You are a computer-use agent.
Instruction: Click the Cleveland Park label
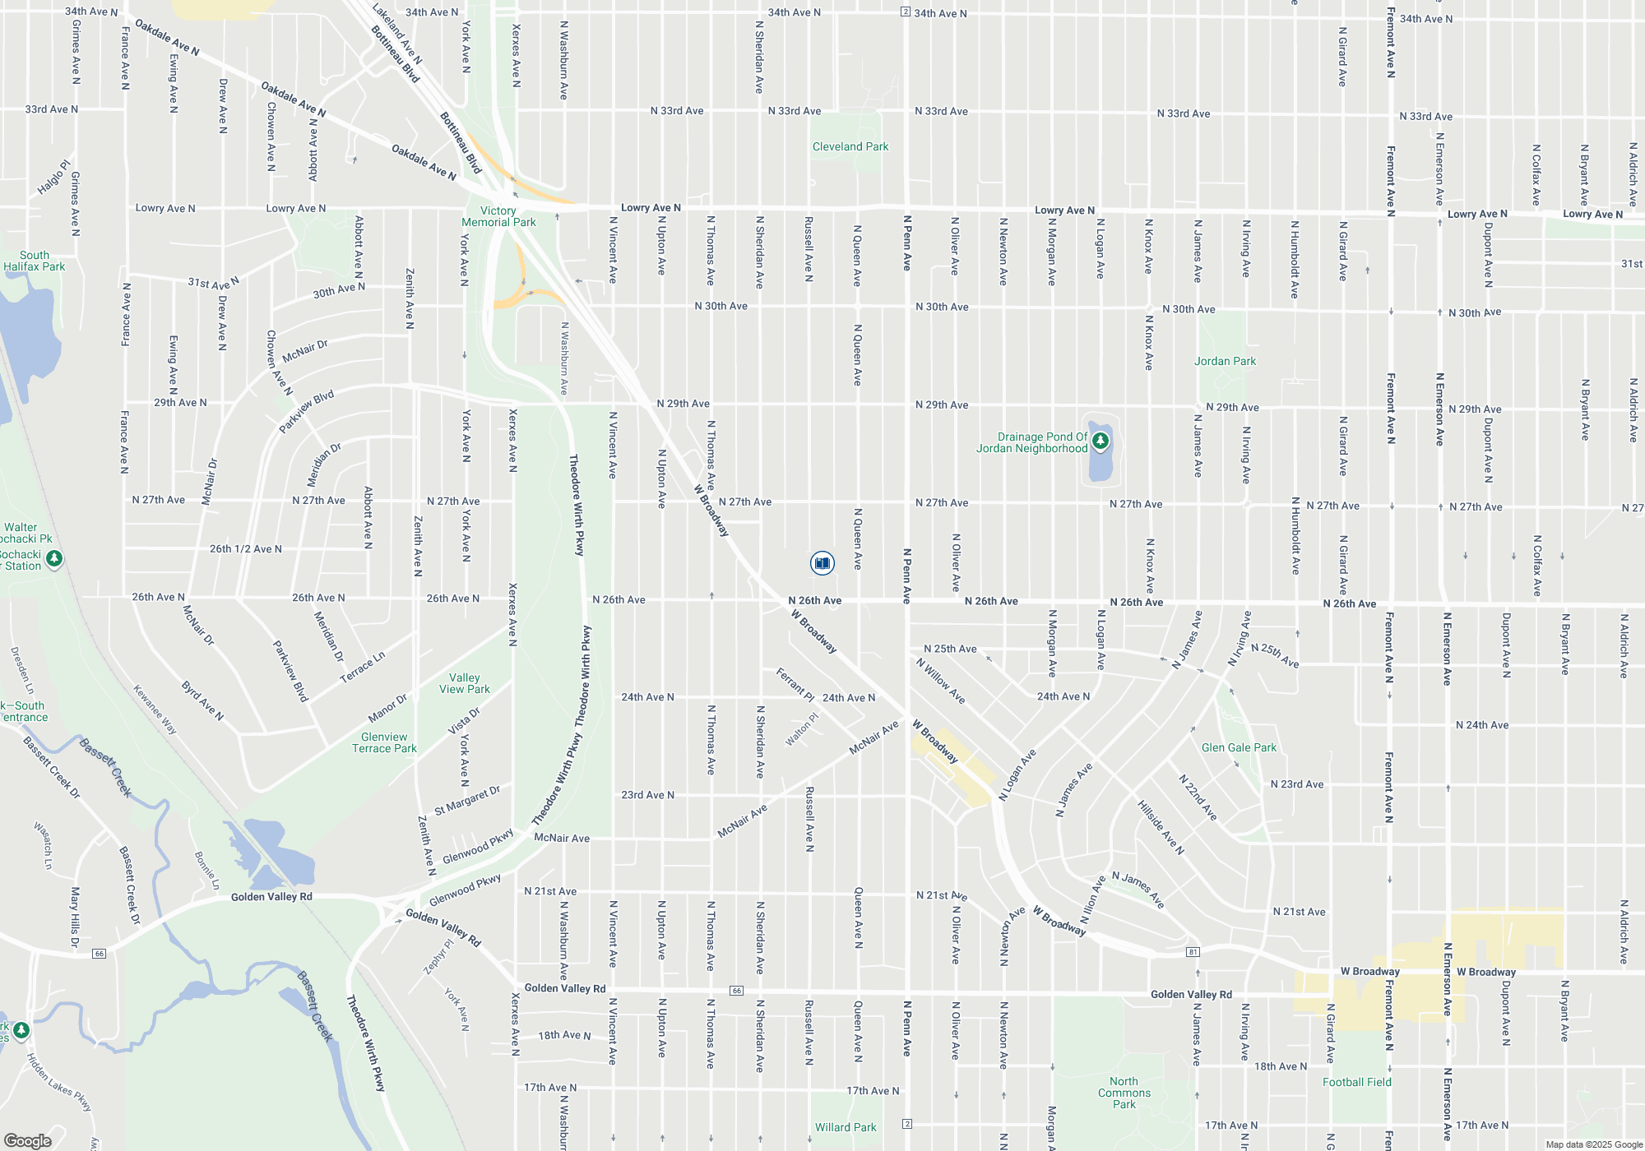(850, 147)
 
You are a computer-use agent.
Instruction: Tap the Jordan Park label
(1225, 361)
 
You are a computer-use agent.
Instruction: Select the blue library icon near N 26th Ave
(822, 563)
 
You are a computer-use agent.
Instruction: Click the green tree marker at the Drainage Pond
(1100, 441)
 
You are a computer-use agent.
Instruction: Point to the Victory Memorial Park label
(498, 217)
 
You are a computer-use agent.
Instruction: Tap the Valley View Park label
(465, 684)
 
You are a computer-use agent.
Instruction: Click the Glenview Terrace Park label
(384, 743)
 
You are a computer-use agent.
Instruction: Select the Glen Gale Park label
(1239, 748)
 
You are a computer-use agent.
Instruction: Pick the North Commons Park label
(1124, 1093)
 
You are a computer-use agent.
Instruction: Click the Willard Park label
(846, 1128)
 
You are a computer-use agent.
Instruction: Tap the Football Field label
(1357, 1083)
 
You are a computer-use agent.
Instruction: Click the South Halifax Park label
(35, 261)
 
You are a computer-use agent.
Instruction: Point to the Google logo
(28, 1141)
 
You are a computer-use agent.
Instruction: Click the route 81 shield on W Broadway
(1193, 952)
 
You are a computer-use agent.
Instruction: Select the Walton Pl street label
(802, 730)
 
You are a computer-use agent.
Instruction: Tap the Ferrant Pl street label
(795, 684)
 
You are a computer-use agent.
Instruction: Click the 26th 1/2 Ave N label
(245, 549)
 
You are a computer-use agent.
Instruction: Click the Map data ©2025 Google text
(1594, 1144)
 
